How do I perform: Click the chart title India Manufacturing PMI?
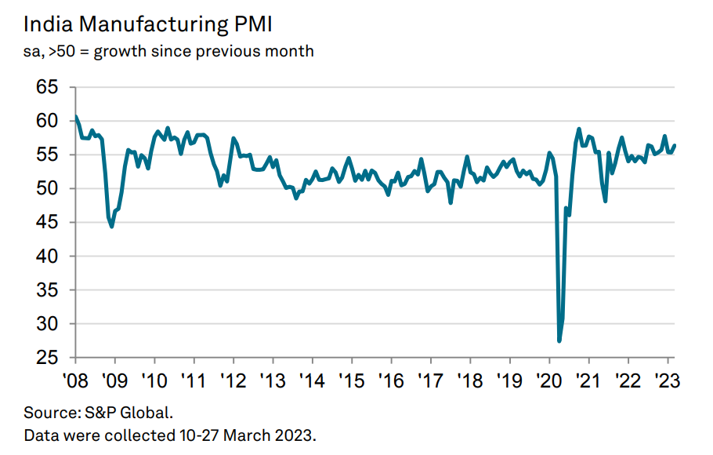[x=148, y=24]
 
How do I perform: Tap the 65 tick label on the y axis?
[x=47, y=87]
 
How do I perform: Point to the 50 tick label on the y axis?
[x=47, y=189]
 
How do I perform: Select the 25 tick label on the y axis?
[x=47, y=358]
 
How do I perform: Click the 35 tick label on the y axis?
[x=47, y=290]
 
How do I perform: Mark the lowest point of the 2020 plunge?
[x=559, y=340]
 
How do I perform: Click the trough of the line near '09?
[x=112, y=226]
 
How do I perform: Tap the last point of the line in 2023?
[x=675, y=145]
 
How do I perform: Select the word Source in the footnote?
[x=45, y=413]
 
